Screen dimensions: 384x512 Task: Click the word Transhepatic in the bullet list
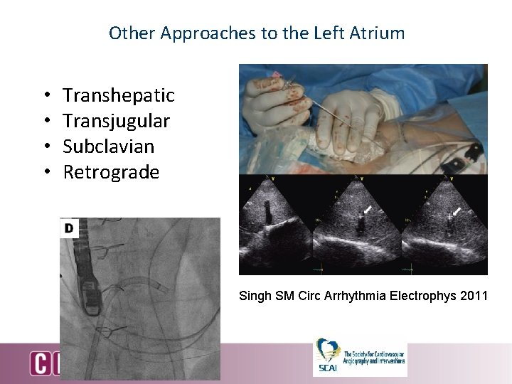[118, 95]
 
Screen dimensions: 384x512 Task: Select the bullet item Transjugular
[116, 121]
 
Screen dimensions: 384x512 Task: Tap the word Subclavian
[108, 146]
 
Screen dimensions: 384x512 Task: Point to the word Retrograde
[111, 172]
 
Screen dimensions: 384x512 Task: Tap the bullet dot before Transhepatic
[46, 96]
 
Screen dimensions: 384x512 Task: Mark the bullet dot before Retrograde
[46, 173]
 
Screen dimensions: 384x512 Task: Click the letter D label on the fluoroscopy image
[69, 228]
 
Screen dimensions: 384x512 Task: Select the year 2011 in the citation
[473, 295]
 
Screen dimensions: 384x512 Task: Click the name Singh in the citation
[255, 295]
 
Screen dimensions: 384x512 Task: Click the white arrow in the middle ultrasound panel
[367, 209]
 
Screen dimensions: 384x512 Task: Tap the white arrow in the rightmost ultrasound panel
[457, 210]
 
